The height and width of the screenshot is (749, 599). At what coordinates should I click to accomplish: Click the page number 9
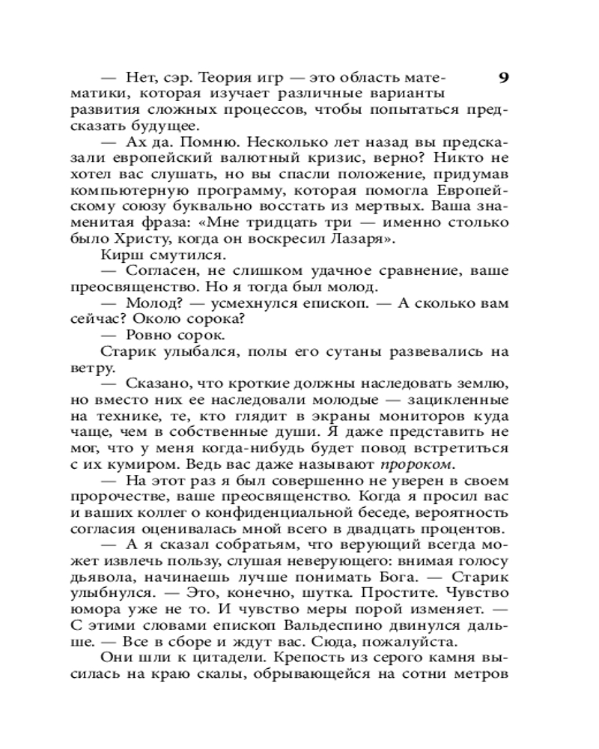click(503, 78)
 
